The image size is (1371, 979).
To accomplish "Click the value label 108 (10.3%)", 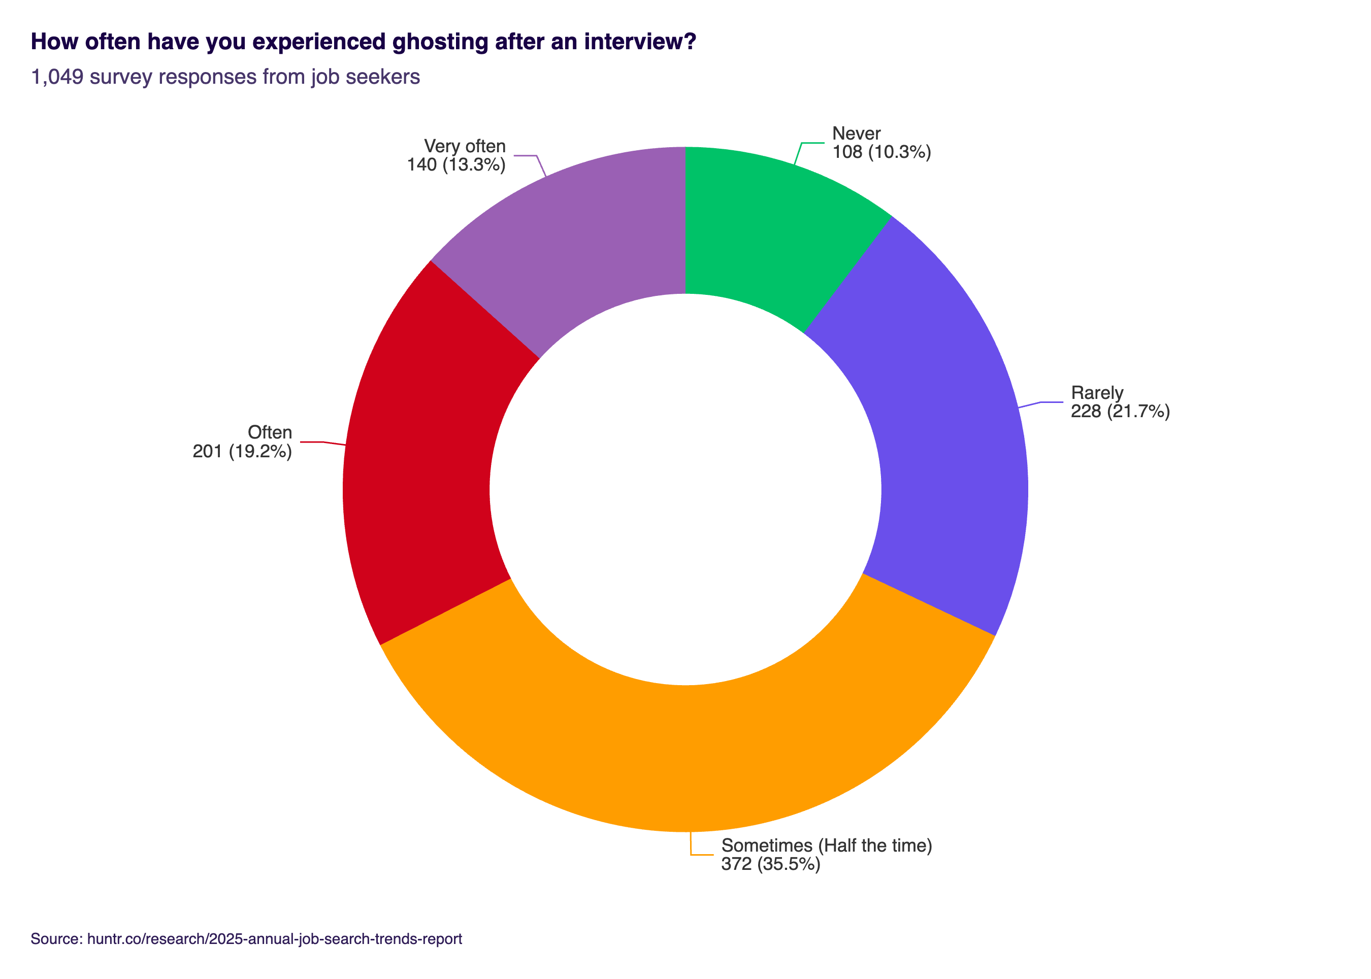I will point(881,152).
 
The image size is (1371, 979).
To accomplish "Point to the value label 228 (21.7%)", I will point(1120,411).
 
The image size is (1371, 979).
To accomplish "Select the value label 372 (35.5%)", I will point(770,864).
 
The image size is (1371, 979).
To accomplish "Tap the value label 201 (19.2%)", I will point(242,451).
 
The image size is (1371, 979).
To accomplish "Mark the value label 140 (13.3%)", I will point(456,164).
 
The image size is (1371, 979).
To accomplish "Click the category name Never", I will point(856,133).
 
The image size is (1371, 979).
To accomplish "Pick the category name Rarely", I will point(1097,392).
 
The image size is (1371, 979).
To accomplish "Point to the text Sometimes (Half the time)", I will point(826,845).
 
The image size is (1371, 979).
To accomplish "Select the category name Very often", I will point(465,146).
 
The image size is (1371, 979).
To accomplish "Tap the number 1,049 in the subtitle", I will point(57,77).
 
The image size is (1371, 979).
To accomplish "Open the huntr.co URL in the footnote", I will point(274,938).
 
